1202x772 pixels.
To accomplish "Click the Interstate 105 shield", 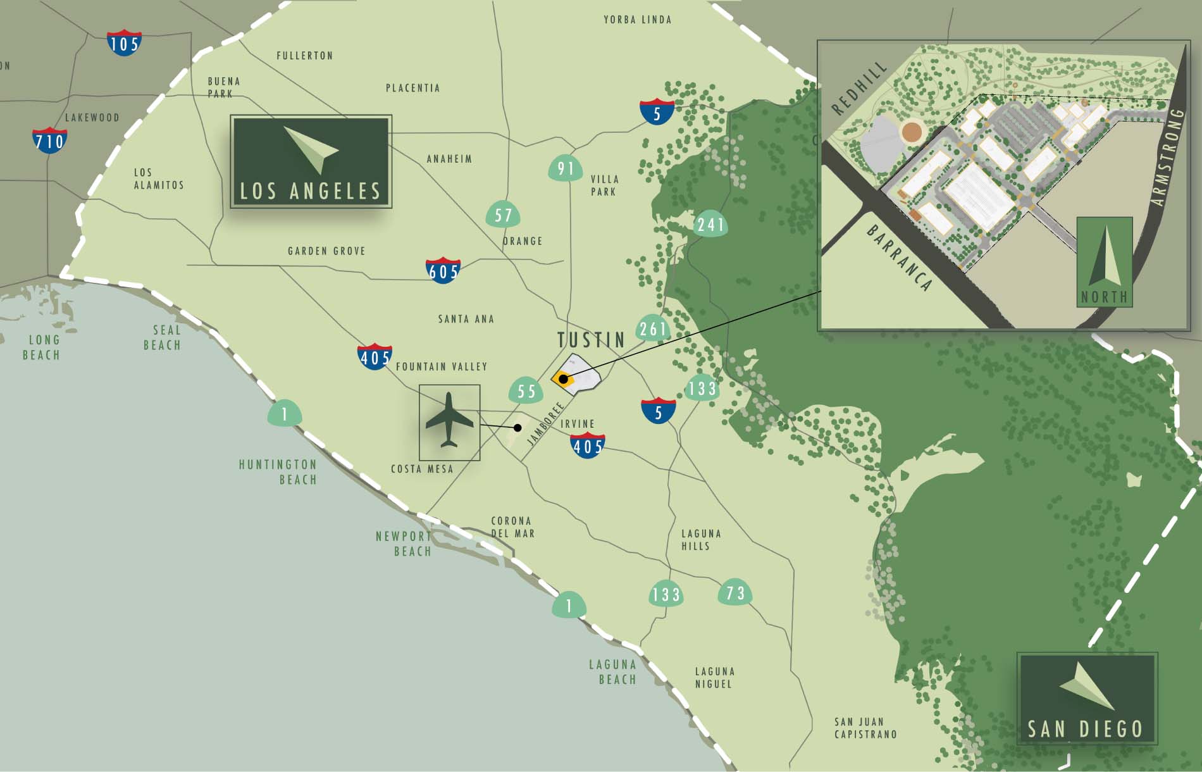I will [124, 42].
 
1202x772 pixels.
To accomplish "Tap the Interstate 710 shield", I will [49, 140].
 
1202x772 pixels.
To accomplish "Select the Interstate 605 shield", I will [443, 270].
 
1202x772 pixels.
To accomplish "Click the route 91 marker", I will [566, 168].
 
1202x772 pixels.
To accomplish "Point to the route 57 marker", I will [503, 215].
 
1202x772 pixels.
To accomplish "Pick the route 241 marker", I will [710, 225].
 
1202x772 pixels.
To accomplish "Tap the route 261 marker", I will [652, 328].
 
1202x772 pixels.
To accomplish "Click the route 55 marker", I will [526, 390].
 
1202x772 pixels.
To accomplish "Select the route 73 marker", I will [734, 593].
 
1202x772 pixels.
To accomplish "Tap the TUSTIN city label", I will [591, 340].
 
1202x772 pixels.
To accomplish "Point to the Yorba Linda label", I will [637, 20].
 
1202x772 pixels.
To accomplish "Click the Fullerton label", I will [304, 56].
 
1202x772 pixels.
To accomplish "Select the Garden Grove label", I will [326, 251].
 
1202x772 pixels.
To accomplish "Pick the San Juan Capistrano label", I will [865, 728].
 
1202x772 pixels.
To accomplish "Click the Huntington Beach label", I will [278, 472].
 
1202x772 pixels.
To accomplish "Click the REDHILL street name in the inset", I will [859, 89].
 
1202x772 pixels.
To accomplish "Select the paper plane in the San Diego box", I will [1087, 687].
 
